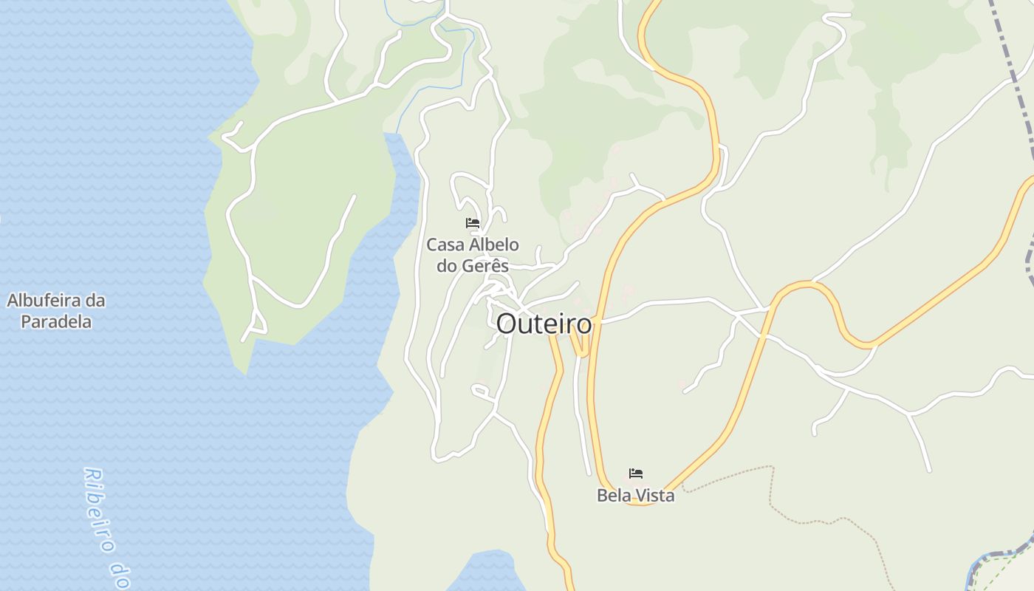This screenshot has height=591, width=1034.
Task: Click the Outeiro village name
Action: (x=544, y=324)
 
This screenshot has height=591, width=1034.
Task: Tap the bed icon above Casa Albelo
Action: (x=473, y=222)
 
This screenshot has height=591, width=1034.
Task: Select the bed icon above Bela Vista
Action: (x=636, y=473)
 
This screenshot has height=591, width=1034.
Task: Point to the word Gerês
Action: (x=485, y=266)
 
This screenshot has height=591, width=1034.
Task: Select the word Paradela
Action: (x=56, y=321)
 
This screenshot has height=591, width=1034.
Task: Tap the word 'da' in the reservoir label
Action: (x=96, y=301)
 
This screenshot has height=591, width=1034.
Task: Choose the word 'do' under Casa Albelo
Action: (x=448, y=266)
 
